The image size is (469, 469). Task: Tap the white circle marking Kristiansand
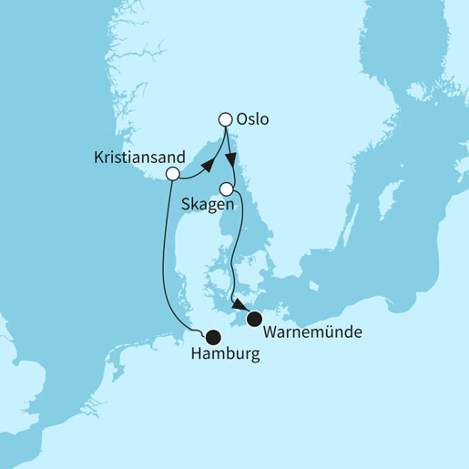171,174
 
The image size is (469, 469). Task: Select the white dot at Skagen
227,189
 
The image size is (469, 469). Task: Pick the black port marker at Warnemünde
254,318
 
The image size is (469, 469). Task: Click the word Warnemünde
312,332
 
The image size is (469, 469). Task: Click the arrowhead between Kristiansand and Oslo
208,165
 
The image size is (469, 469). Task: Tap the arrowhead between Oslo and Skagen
231,157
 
